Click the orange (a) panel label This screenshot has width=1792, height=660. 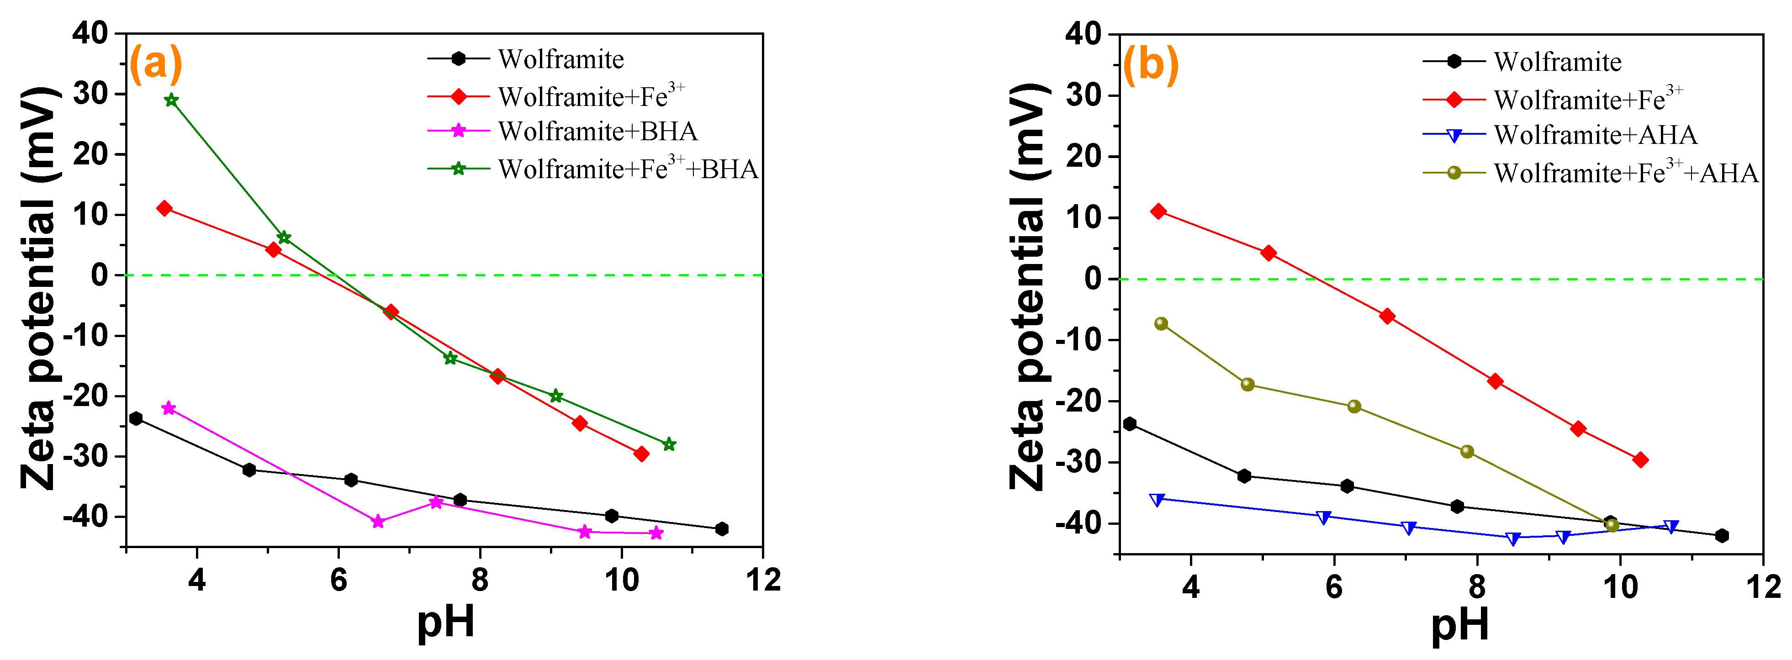point(156,64)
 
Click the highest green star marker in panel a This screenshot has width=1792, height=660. point(171,100)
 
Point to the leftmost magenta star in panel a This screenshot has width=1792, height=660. point(169,408)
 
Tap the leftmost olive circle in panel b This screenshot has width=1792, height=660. point(1161,323)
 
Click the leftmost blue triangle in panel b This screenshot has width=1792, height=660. point(1157,499)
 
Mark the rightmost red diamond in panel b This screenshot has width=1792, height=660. point(1640,459)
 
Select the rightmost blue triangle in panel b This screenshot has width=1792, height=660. point(1671,527)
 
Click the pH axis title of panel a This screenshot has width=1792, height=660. point(445,621)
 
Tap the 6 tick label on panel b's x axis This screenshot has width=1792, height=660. point(1333,586)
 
